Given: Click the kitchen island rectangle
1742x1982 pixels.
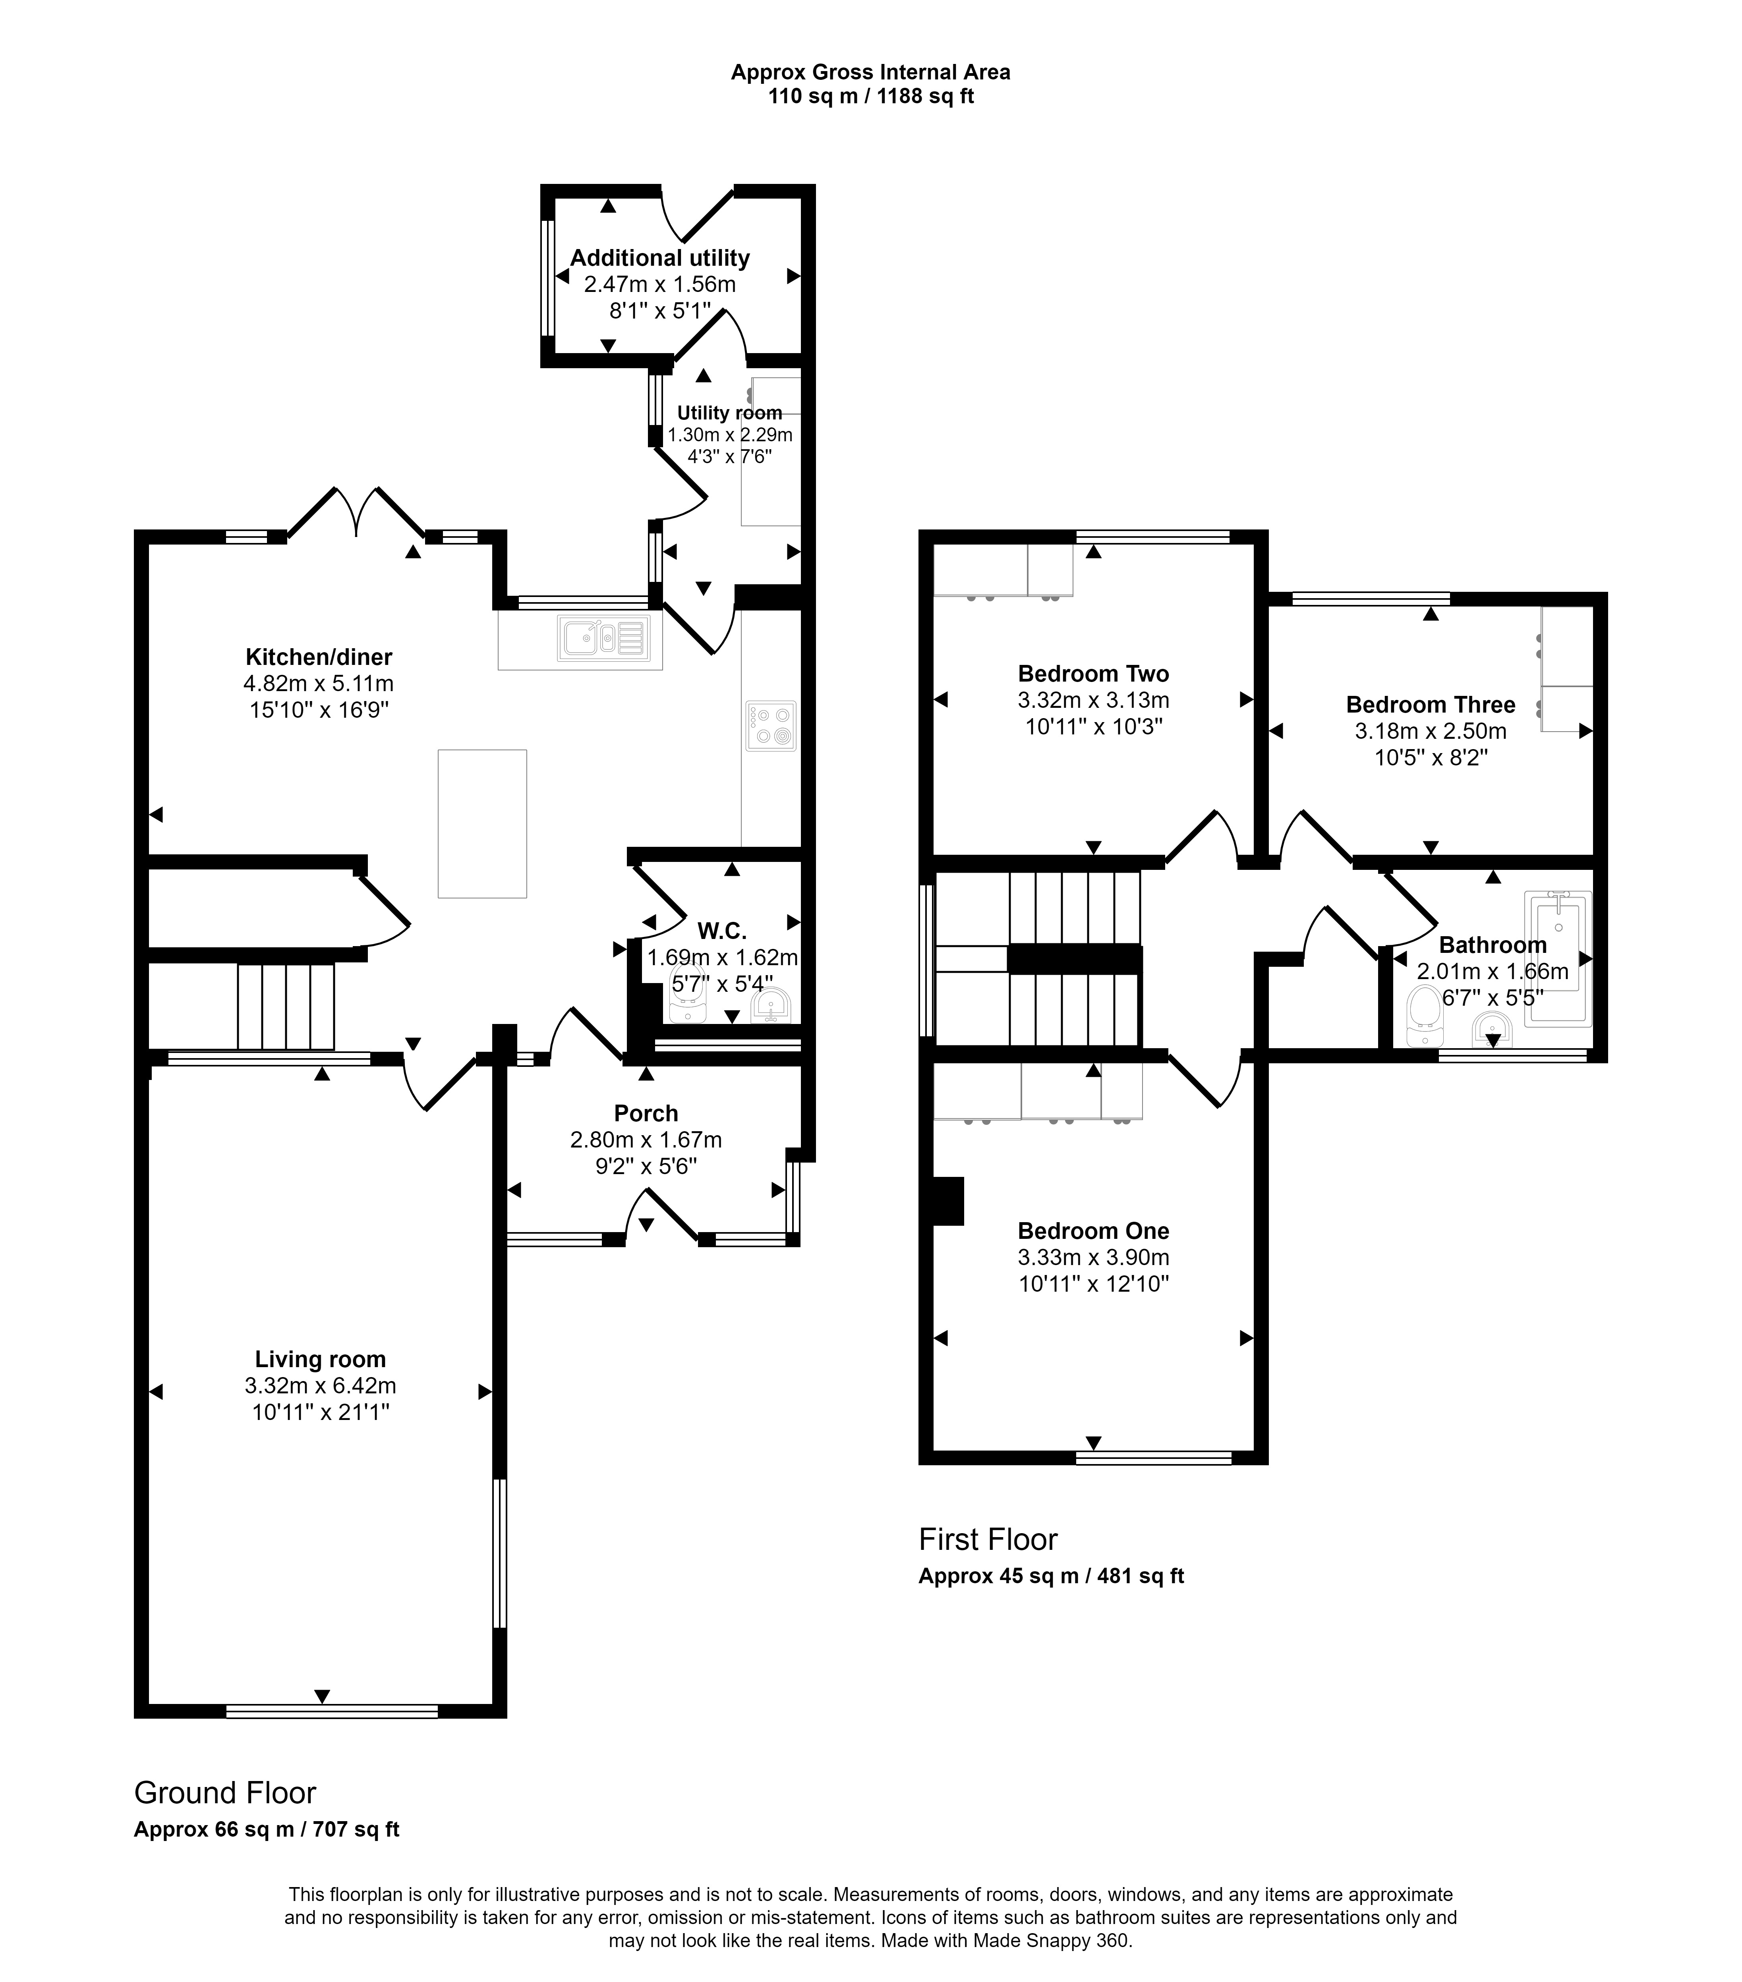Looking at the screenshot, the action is tap(482, 823).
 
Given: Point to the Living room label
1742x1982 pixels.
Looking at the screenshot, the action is tap(320, 1360).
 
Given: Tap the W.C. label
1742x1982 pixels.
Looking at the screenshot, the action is tap(722, 931).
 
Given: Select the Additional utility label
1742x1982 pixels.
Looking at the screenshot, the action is tap(659, 258).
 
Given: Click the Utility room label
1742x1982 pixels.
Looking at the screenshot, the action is tap(729, 412).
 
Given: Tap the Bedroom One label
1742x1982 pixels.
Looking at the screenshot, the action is tap(1093, 1231).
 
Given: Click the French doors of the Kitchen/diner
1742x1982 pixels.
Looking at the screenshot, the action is tap(356, 511).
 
